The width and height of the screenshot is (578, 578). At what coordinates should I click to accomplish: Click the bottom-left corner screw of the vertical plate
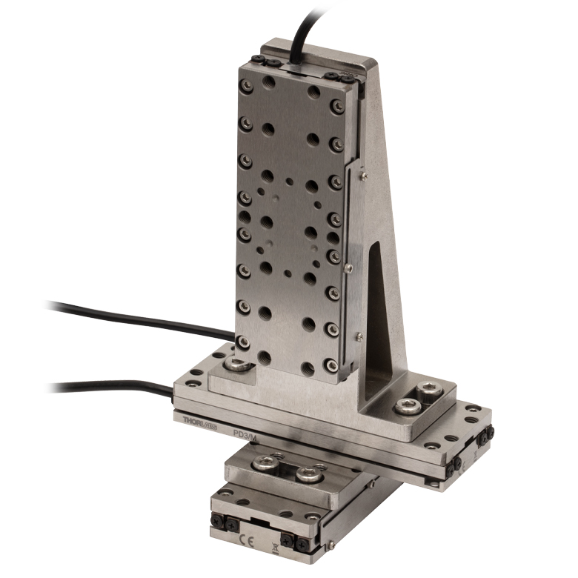242,342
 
